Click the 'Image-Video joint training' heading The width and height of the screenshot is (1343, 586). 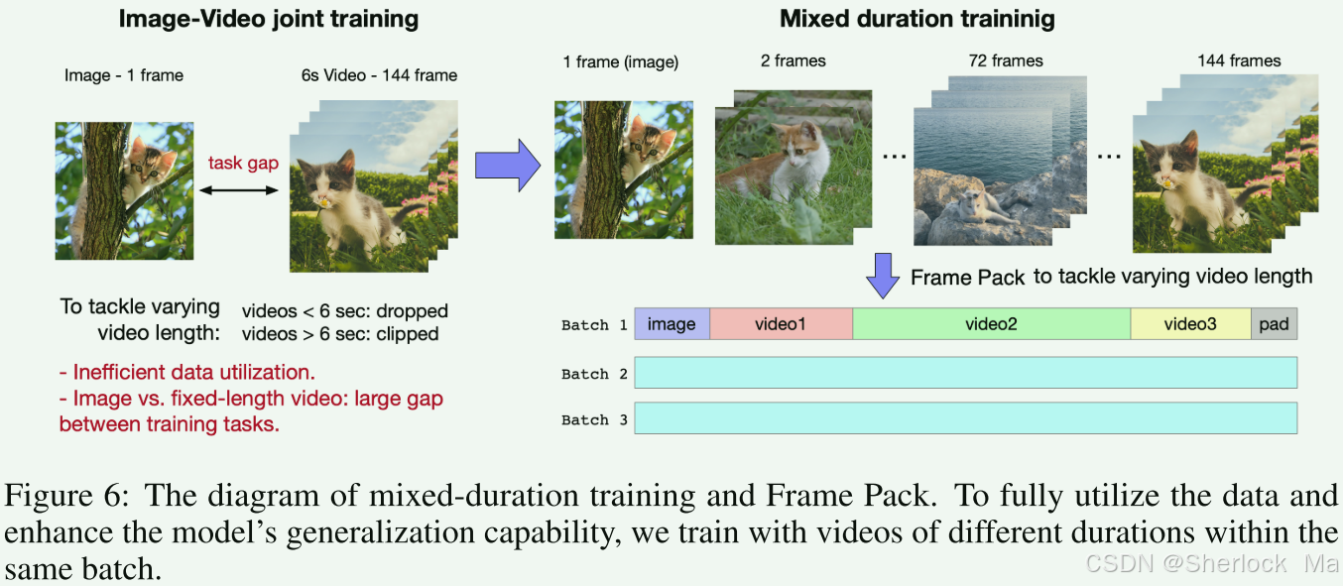pyautogui.click(x=268, y=19)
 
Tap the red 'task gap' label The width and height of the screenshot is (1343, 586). pyautogui.click(x=242, y=164)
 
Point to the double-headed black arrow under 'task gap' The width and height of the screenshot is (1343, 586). pyautogui.click(x=242, y=188)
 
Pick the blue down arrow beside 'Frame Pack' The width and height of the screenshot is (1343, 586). pyautogui.click(x=882, y=275)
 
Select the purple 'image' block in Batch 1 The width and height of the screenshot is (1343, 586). pyautogui.click(x=671, y=324)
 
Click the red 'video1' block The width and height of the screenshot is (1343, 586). pyautogui.click(x=781, y=324)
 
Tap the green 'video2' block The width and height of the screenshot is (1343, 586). pyautogui.click(x=991, y=324)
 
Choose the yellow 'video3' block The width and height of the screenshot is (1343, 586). pyautogui.click(x=1190, y=324)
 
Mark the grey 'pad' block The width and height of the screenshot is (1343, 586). pyautogui.click(x=1274, y=324)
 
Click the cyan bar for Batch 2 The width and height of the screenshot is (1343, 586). pyautogui.click(x=965, y=373)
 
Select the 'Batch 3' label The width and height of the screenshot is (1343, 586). pyautogui.click(x=594, y=419)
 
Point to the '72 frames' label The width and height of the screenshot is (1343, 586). pyautogui.click(x=1006, y=60)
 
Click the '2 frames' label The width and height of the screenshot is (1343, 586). pyautogui.click(x=793, y=60)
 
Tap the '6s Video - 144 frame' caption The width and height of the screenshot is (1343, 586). pyautogui.click(x=380, y=74)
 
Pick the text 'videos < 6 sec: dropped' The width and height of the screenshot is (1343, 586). pyautogui.click(x=344, y=311)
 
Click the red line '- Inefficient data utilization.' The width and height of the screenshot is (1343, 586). pyautogui.click(x=186, y=373)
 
